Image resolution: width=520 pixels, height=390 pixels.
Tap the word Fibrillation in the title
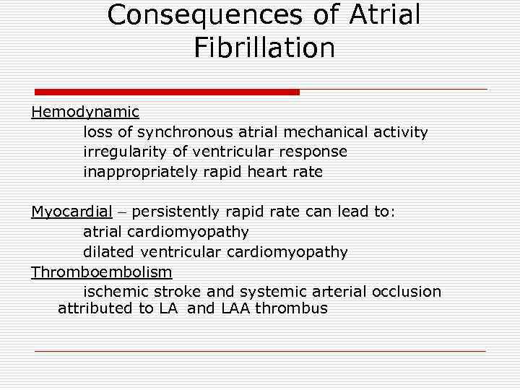(x=264, y=48)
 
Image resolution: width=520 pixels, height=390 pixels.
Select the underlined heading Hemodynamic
(x=85, y=113)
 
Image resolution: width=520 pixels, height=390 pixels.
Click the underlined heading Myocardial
(x=71, y=212)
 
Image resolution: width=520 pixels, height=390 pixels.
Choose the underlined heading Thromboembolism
(x=102, y=272)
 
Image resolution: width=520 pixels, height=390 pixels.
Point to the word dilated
(x=106, y=252)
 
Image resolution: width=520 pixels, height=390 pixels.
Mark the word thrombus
(x=291, y=309)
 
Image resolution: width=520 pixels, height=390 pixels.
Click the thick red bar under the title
(x=167, y=92)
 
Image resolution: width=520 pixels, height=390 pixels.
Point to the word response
(x=314, y=152)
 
